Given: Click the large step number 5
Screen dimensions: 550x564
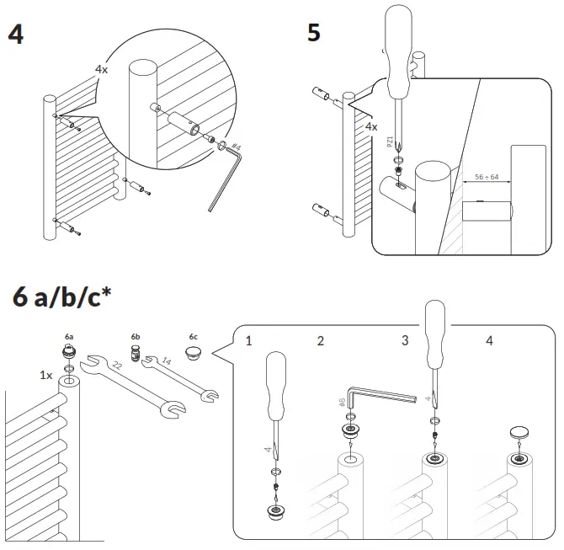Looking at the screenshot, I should pos(313,33).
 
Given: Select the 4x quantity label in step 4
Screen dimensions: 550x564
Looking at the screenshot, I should pos(101,70).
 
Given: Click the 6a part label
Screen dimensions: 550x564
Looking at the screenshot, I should pos(70,336).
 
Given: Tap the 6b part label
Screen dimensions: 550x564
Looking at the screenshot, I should pos(136,336).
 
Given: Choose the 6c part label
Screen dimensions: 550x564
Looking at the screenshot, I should pos(194,336).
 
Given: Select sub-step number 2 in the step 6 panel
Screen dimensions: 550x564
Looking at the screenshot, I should pos(320,341).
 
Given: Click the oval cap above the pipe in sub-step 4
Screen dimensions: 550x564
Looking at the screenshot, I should pos(520,433).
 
